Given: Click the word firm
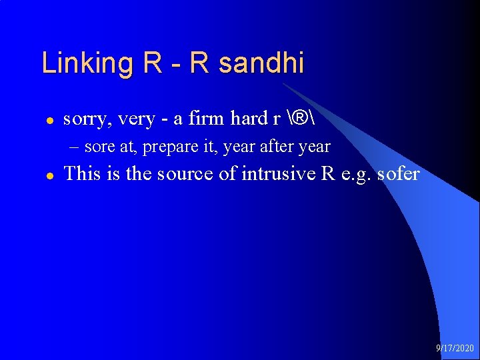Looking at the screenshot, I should [207, 119].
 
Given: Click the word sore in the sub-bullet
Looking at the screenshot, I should [99, 147].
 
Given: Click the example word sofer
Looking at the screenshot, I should [398, 174].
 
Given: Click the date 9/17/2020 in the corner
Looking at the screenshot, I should [455, 348].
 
